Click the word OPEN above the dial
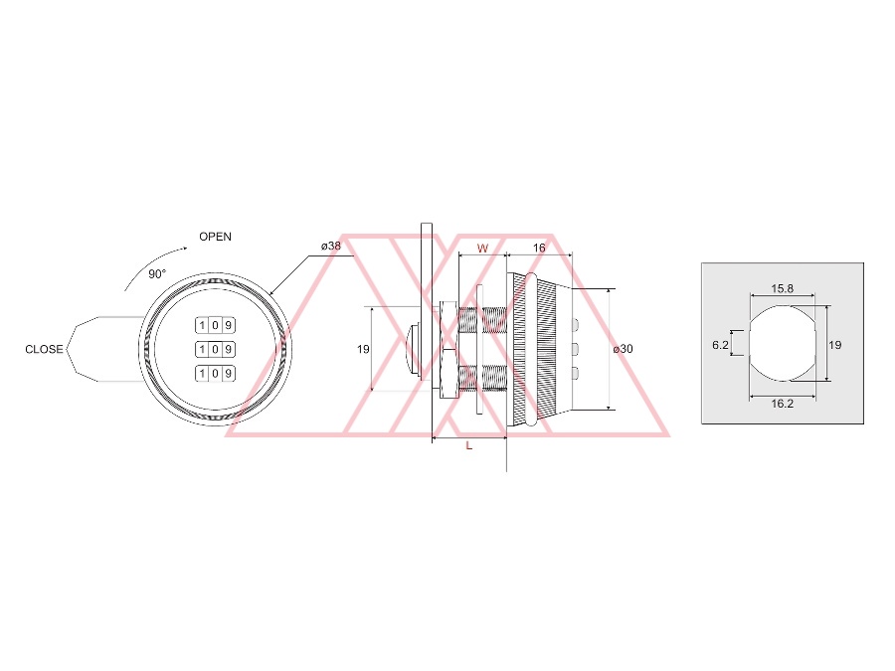point(215,237)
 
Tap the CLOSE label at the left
point(44,349)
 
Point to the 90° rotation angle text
point(157,274)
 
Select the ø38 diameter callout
point(331,246)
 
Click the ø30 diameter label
point(623,349)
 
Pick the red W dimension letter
point(482,249)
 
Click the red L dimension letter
point(469,445)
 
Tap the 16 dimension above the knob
point(539,248)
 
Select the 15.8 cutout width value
point(782,288)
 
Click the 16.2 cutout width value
point(782,404)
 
